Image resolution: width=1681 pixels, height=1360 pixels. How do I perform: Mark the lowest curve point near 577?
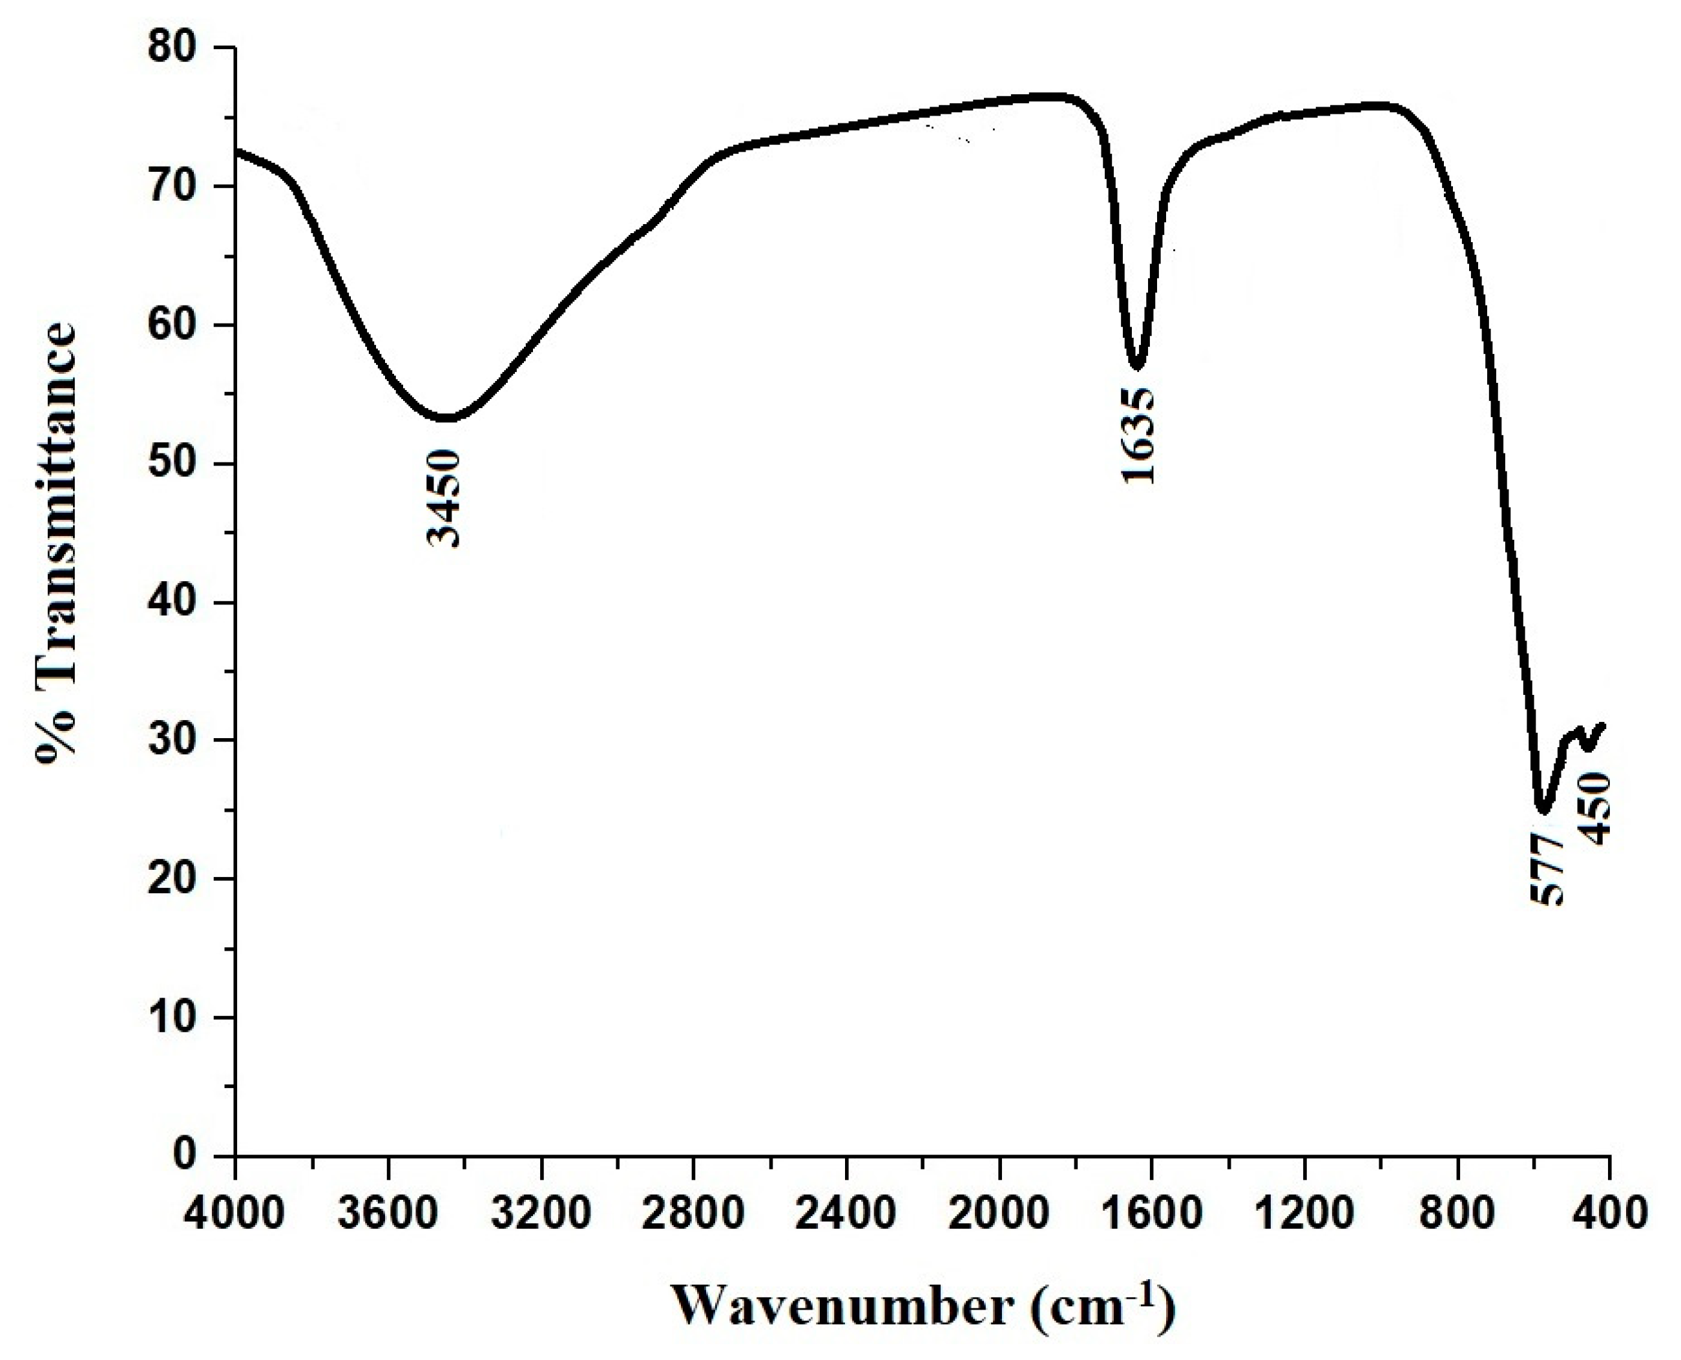point(1542,811)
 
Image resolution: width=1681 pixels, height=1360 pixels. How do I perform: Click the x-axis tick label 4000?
point(235,1213)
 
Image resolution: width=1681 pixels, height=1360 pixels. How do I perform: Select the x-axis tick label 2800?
point(694,1213)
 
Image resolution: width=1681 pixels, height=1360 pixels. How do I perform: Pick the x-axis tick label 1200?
point(1304,1213)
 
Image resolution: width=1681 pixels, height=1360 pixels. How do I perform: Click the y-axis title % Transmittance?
point(56,541)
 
